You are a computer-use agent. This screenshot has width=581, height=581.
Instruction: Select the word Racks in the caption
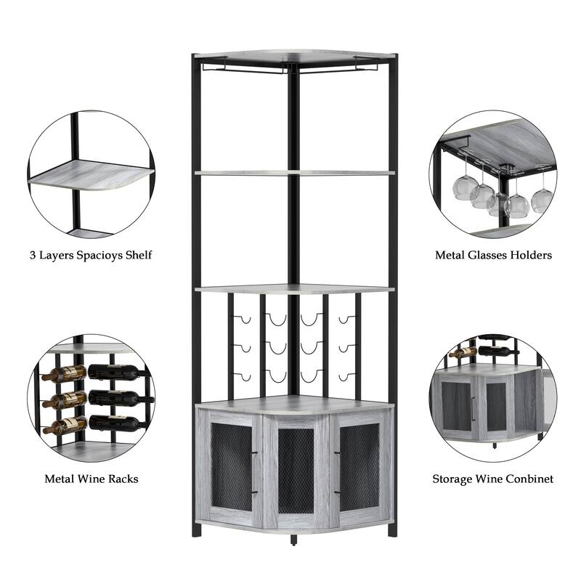(x=121, y=479)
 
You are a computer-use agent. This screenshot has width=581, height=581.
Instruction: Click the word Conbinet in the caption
(x=528, y=479)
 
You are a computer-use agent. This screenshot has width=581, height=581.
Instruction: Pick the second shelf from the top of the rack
(x=294, y=173)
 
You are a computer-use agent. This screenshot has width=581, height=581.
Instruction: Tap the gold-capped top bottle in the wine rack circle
(x=64, y=374)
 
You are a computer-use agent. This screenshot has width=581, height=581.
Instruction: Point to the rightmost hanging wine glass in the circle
(x=541, y=199)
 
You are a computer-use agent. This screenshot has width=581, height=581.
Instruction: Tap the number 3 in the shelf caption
(x=33, y=255)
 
